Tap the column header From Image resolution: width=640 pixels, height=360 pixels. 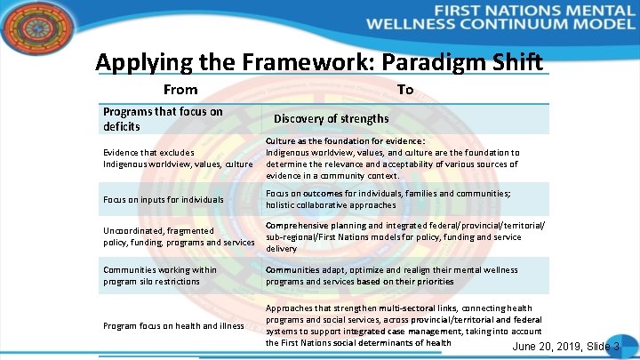click(x=180, y=90)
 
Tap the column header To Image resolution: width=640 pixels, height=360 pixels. click(x=405, y=90)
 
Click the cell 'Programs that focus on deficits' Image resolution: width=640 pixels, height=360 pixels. click(x=163, y=119)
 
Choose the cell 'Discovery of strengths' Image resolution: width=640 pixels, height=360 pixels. click(x=331, y=119)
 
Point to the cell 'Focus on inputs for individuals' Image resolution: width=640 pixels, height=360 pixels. click(x=164, y=200)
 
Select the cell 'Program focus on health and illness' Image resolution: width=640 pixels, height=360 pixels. click(x=173, y=325)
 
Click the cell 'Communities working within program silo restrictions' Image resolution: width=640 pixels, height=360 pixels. click(x=160, y=276)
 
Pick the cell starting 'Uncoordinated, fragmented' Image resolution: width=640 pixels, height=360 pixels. click(x=178, y=236)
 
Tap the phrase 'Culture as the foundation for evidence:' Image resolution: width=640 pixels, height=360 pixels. click(x=346, y=140)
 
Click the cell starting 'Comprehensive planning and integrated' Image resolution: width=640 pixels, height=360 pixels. click(x=404, y=237)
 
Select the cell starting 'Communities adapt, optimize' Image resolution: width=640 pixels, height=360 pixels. click(x=391, y=276)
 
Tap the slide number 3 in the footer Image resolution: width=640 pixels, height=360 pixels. click(x=616, y=346)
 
